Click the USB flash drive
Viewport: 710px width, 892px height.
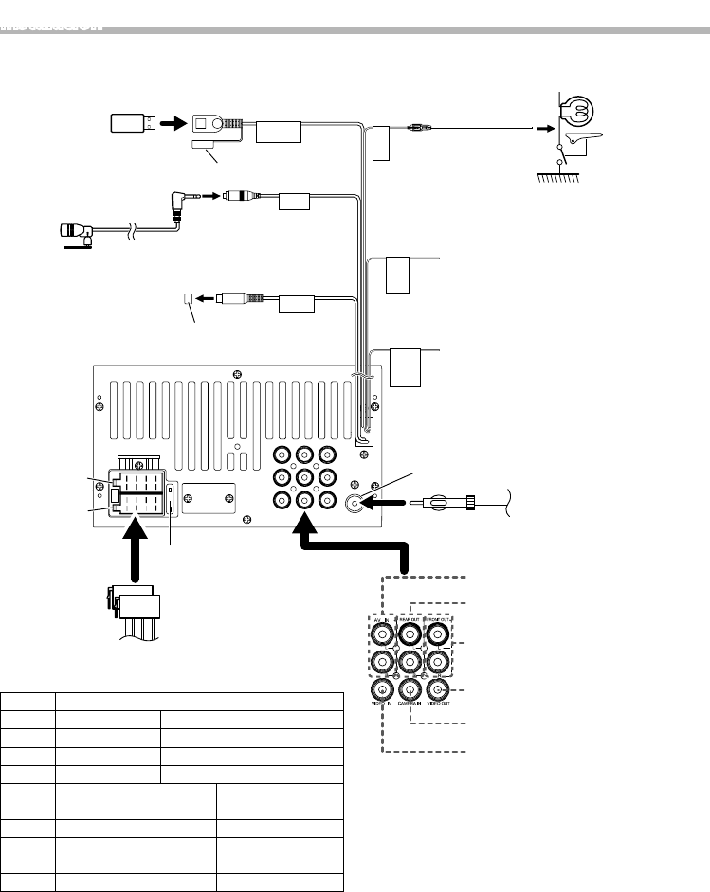pyautogui.click(x=129, y=122)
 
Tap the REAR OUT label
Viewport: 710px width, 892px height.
pyautogui.click(x=409, y=619)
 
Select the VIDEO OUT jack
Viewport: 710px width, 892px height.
pyautogui.click(x=437, y=690)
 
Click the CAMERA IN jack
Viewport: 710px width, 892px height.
pyautogui.click(x=410, y=690)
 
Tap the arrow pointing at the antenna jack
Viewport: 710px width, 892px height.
pyautogui.click(x=389, y=506)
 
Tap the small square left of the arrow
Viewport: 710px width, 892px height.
pyautogui.click(x=187, y=298)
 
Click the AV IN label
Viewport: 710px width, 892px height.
pyautogui.click(x=381, y=619)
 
